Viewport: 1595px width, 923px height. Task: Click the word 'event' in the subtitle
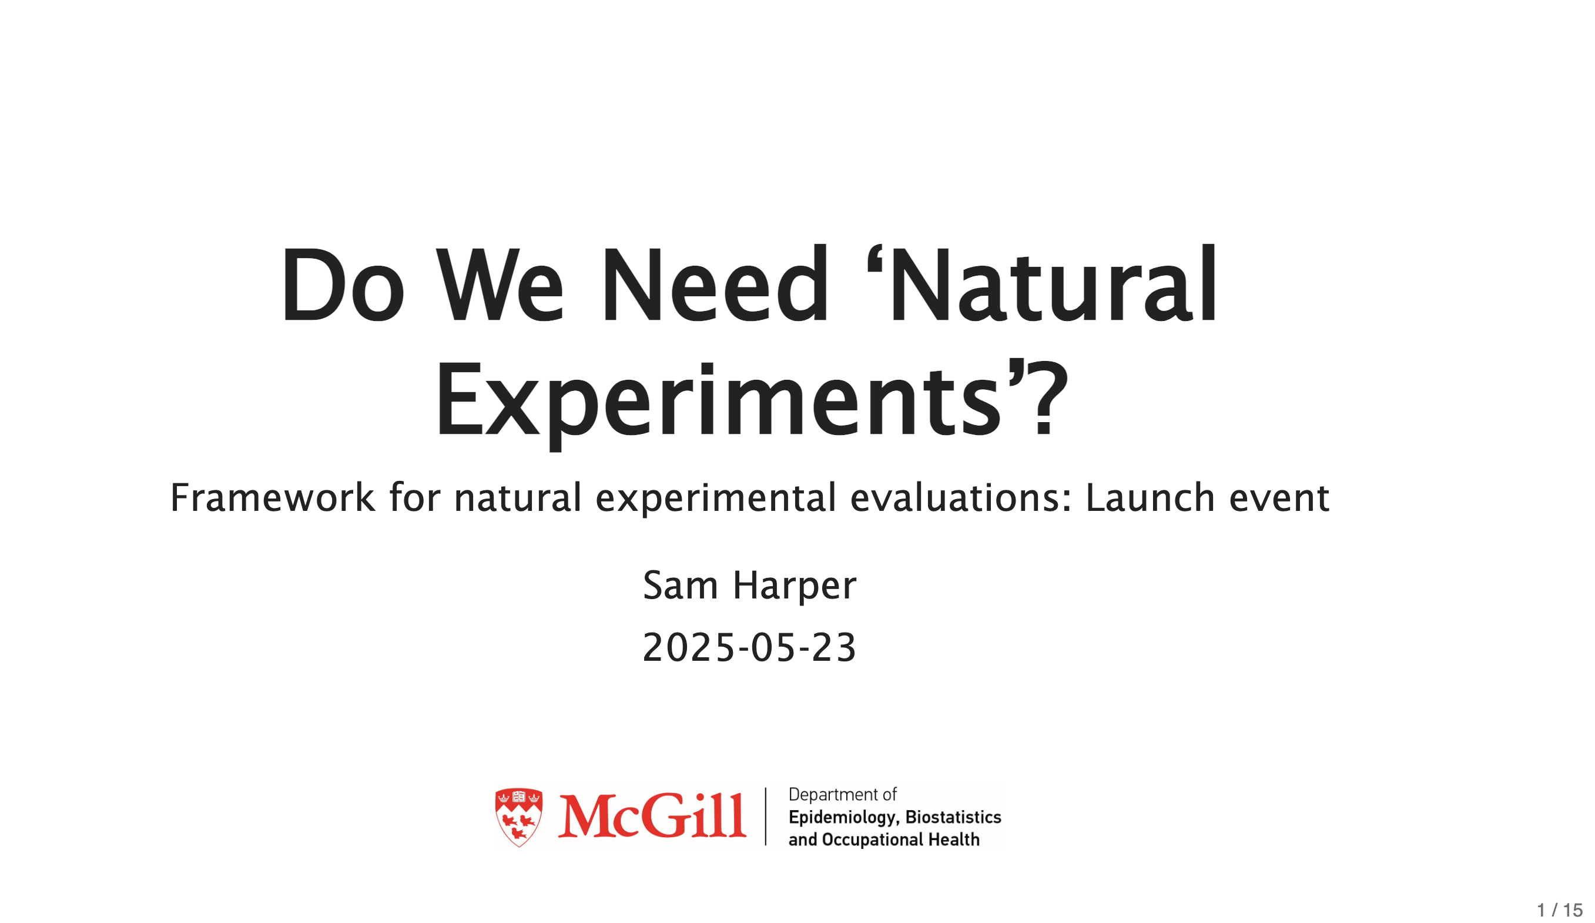[x=1279, y=498]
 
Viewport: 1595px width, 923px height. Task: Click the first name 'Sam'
[x=681, y=585]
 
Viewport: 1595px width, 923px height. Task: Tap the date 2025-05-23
[x=749, y=648]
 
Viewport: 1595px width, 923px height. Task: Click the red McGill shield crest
[x=519, y=817]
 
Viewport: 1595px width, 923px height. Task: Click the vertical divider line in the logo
[x=766, y=817]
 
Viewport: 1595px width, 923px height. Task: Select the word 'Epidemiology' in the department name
[x=844, y=818]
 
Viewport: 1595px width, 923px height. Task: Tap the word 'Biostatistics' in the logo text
[x=953, y=817]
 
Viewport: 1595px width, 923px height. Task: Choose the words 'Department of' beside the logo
[x=842, y=795]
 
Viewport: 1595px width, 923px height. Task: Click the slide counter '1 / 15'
[x=1560, y=909]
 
